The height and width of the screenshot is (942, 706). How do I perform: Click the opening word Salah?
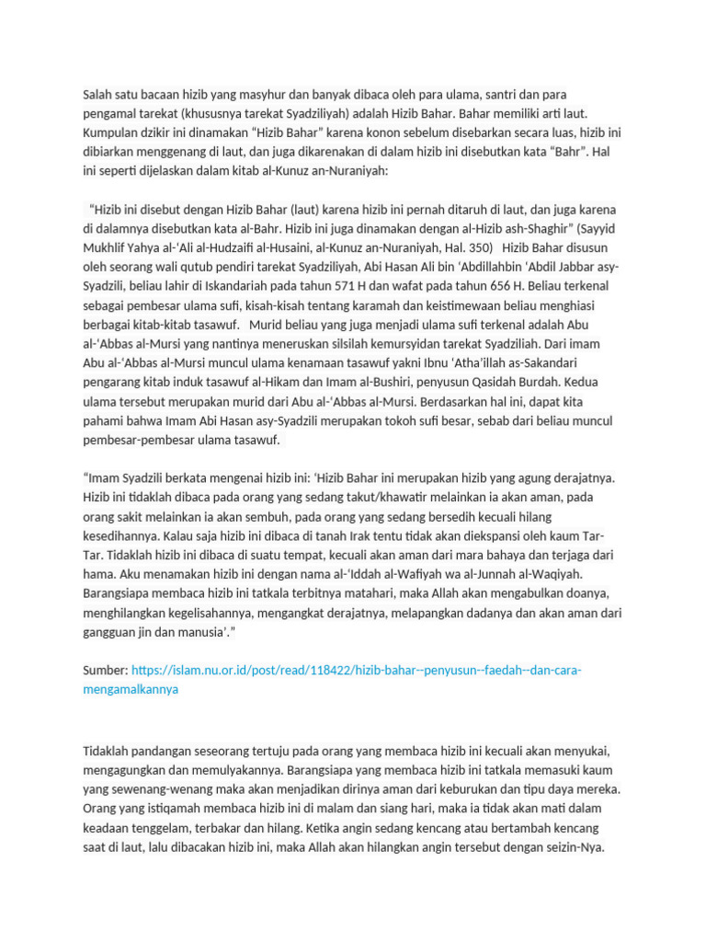point(97,95)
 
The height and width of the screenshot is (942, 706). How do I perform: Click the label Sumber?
point(105,671)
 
